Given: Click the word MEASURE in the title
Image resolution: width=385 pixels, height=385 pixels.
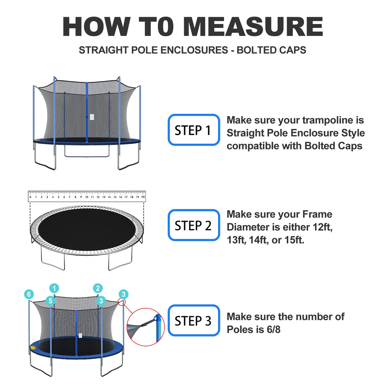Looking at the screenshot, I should [x=253, y=27].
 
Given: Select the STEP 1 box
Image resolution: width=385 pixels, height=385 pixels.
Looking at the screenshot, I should [x=194, y=130].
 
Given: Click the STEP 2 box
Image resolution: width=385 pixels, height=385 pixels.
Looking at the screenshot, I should [x=194, y=225].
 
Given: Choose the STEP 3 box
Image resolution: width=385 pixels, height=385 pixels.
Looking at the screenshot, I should [x=194, y=320].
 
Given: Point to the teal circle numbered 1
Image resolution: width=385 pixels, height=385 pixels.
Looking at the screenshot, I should [x=54, y=288].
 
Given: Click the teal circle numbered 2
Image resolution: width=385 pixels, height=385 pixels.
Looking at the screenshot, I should [x=98, y=288].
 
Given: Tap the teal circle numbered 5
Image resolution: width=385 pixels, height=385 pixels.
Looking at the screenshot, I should [x=50, y=301].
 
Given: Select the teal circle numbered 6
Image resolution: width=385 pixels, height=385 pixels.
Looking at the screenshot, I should [x=29, y=294].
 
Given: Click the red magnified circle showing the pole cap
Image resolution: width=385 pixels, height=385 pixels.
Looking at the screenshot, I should [x=146, y=327].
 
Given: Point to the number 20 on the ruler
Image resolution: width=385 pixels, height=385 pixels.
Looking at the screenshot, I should [x=143, y=197].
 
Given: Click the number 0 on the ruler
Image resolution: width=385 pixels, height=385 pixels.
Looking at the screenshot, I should [x=30, y=197].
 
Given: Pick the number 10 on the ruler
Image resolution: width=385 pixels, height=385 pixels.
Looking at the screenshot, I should [x=87, y=197].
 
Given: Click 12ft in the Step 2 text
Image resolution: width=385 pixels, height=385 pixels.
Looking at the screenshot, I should [x=323, y=227].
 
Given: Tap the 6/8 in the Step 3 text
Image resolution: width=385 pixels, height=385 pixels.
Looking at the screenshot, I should [x=273, y=330].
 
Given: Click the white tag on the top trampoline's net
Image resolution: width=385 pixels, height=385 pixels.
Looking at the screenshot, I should [x=92, y=117].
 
